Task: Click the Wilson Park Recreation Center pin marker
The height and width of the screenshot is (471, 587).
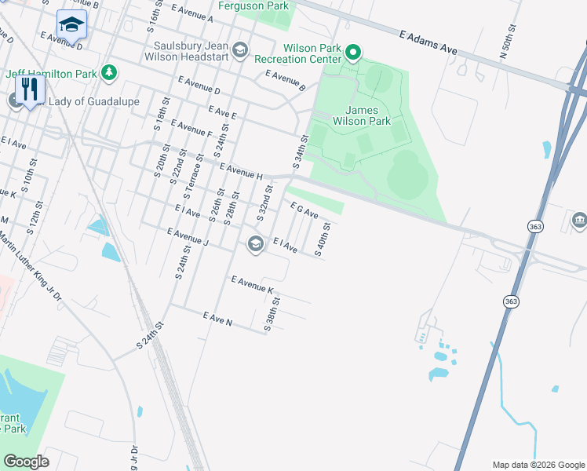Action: click(x=353, y=53)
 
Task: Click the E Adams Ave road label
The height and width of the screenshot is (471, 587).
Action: click(x=428, y=42)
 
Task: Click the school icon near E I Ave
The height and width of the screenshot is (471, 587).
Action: click(x=254, y=244)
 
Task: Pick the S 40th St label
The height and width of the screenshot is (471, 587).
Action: click(x=320, y=239)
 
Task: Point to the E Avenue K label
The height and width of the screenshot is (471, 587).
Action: click(x=252, y=285)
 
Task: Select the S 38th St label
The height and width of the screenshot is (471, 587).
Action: click(x=271, y=314)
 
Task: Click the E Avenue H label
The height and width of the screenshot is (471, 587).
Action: click(x=241, y=172)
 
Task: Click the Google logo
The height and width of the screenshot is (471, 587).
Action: click(x=26, y=462)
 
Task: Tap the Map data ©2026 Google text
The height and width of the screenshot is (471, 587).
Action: click(x=538, y=465)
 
